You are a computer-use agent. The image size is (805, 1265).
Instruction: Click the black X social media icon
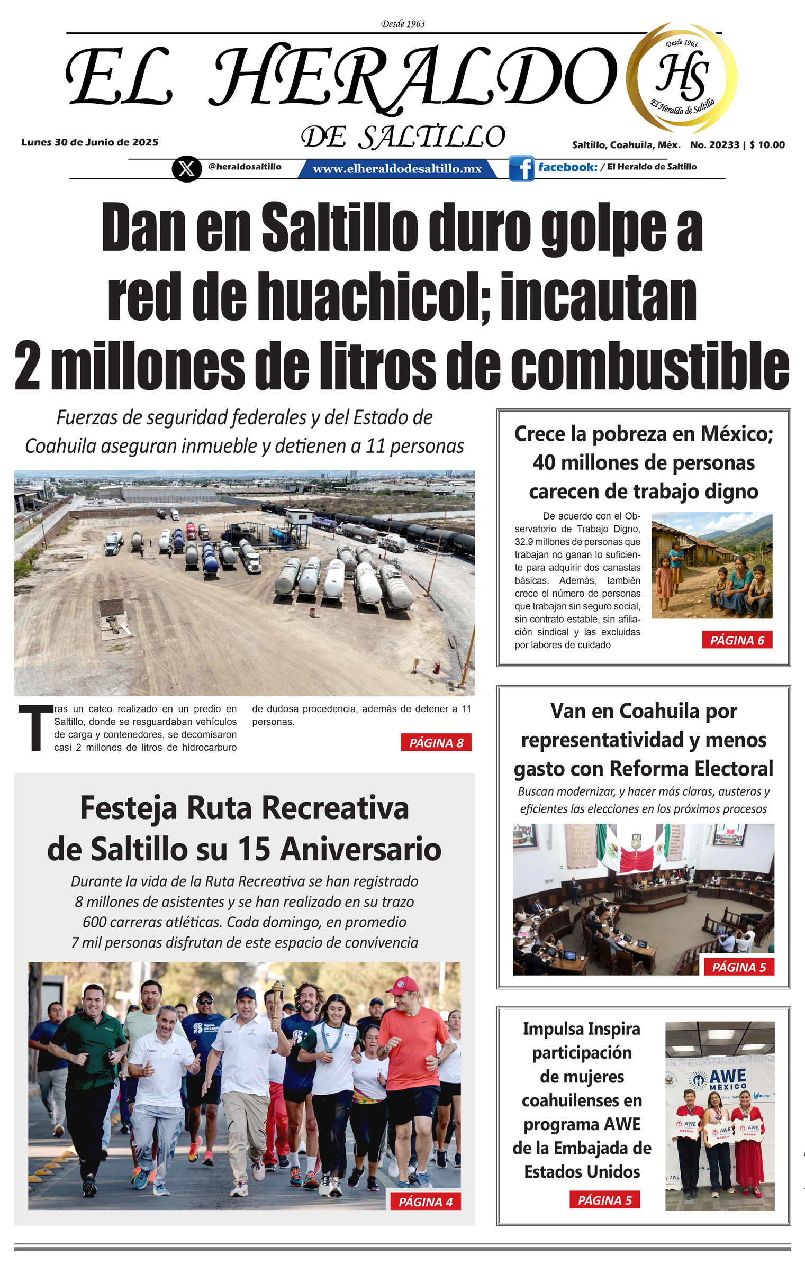(186, 169)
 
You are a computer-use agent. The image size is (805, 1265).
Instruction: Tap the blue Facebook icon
(521, 168)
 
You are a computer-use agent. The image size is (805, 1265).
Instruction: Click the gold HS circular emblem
(682, 77)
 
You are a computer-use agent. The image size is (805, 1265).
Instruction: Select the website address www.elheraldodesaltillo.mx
(397, 169)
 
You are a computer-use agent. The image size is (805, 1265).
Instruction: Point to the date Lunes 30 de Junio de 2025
(89, 142)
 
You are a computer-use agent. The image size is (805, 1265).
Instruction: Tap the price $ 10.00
(767, 145)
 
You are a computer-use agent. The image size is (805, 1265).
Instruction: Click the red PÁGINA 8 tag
(436, 743)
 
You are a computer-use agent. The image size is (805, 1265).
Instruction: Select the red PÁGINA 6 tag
(737, 640)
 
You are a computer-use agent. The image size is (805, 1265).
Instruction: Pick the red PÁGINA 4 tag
(425, 1202)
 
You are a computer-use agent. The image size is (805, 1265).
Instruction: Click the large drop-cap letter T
(35, 727)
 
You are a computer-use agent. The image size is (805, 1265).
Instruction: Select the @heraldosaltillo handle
(245, 167)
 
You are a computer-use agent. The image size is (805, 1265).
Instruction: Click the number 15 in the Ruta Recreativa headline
(254, 850)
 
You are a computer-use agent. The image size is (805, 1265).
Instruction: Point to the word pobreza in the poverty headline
(625, 434)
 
